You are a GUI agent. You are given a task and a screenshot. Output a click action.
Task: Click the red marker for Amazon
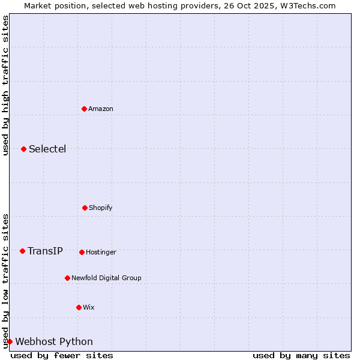coord(85,109)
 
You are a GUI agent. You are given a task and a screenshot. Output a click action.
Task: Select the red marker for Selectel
coord(23,149)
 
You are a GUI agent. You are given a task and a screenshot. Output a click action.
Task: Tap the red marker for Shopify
coord(85,208)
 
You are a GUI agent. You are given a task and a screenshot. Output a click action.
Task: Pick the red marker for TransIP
coord(22,251)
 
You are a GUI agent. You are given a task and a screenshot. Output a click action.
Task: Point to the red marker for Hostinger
coord(82,252)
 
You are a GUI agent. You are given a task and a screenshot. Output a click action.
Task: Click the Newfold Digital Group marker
coord(67,278)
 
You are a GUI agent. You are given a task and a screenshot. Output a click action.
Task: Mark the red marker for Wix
coord(79,307)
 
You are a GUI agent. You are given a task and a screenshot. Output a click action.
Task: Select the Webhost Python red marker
coord(10,341)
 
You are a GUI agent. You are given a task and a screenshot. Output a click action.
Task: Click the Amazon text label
coord(101,109)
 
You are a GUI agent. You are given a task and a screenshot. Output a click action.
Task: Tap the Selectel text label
coord(47,149)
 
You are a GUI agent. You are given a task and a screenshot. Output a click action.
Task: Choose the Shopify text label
coord(101,208)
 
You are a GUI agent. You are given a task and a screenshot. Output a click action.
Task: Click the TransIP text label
coord(45,251)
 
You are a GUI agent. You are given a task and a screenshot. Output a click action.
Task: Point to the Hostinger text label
coord(101,252)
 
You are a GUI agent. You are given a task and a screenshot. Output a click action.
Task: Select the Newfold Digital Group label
coord(106,278)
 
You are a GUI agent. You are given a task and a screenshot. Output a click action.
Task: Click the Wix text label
coord(89,307)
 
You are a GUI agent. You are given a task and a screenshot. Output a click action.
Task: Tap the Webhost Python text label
coord(54,341)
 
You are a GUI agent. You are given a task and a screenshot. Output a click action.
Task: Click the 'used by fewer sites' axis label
coord(62,355)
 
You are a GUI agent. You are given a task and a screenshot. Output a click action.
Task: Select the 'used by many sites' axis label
coord(301,355)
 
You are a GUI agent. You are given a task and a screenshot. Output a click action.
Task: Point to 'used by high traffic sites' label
coord(5,85)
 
